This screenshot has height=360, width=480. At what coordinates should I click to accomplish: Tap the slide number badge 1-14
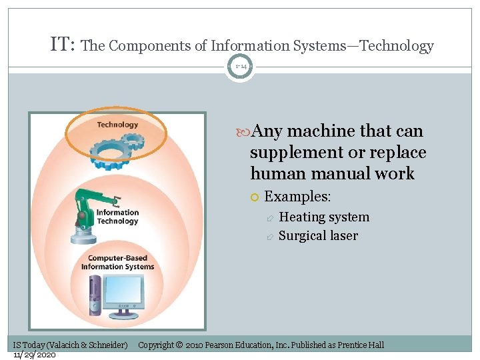tap(240, 66)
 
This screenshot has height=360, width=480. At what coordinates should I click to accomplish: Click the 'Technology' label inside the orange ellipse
tap(117, 124)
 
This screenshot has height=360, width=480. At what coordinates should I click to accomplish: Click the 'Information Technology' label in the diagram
tap(118, 217)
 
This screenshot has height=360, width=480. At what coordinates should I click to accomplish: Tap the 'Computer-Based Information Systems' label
tap(117, 263)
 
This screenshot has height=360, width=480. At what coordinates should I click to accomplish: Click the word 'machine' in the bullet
tap(320, 131)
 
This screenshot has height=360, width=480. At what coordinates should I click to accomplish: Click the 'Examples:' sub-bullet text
tap(297, 197)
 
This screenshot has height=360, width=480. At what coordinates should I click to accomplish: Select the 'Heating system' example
tap(323, 217)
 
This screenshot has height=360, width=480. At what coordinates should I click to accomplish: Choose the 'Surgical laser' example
tap(318, 235)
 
